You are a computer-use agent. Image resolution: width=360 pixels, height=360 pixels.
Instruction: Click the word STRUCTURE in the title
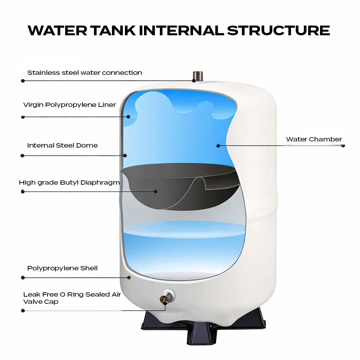pos(278,30)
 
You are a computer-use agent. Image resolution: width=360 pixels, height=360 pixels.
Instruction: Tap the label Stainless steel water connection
pos(85,73)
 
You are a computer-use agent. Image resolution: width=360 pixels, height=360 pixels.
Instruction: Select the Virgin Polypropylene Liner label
pos(69,105)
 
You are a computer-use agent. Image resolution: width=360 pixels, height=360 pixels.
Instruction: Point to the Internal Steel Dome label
pos(62,145)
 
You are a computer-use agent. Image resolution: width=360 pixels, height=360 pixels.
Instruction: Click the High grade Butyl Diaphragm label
pos(69,183)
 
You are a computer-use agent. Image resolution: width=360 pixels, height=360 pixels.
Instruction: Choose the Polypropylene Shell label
pos(62,268)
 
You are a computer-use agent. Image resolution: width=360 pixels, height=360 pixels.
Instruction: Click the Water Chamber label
pos(314,139)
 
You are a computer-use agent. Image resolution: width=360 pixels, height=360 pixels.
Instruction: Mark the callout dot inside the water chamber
pos(218,145)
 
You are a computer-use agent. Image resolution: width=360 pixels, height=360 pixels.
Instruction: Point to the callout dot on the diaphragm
pos(156,192)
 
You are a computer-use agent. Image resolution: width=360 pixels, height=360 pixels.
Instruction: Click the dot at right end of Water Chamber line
pos(343,145)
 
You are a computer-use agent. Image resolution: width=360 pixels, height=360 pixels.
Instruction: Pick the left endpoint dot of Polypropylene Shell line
pos(23,278)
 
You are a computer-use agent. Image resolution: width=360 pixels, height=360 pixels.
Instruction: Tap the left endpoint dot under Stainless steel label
pos(23,81)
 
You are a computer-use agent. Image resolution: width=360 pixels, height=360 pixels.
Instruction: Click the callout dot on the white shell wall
pos(129,277)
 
